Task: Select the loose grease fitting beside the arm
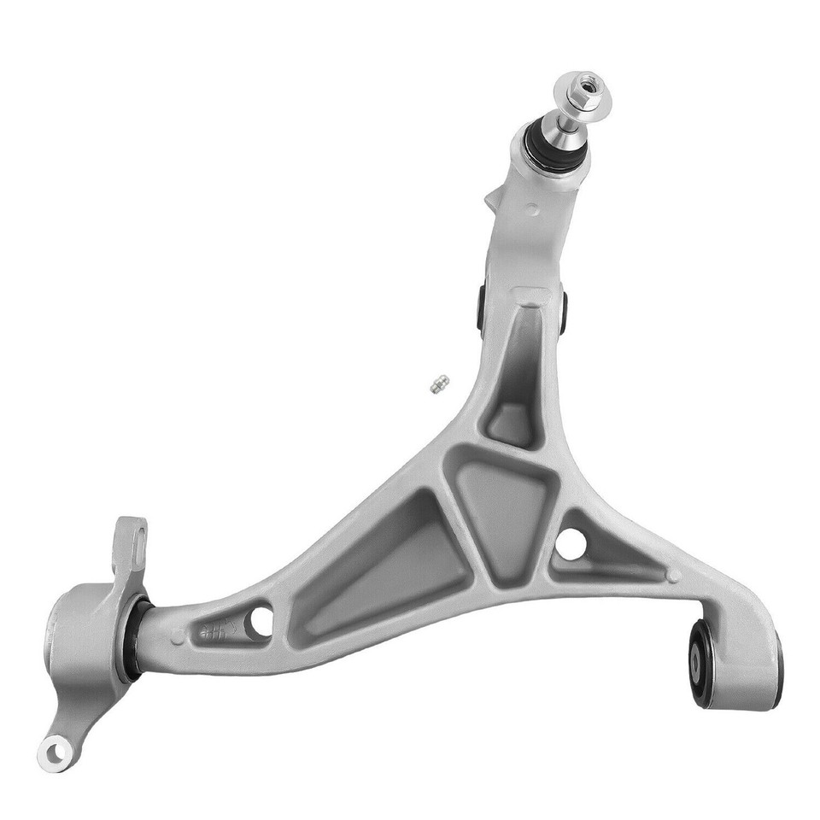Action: (440, 385)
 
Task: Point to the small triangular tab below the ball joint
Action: (494, 198)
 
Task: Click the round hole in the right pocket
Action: (571, 543)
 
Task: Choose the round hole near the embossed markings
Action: (259, 621)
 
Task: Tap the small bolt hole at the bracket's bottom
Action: (56, 752)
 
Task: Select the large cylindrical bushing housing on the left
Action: (81, 632)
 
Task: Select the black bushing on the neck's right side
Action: (564, 312)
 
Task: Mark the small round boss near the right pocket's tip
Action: (674, 576)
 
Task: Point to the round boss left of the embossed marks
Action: (177, 636)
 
